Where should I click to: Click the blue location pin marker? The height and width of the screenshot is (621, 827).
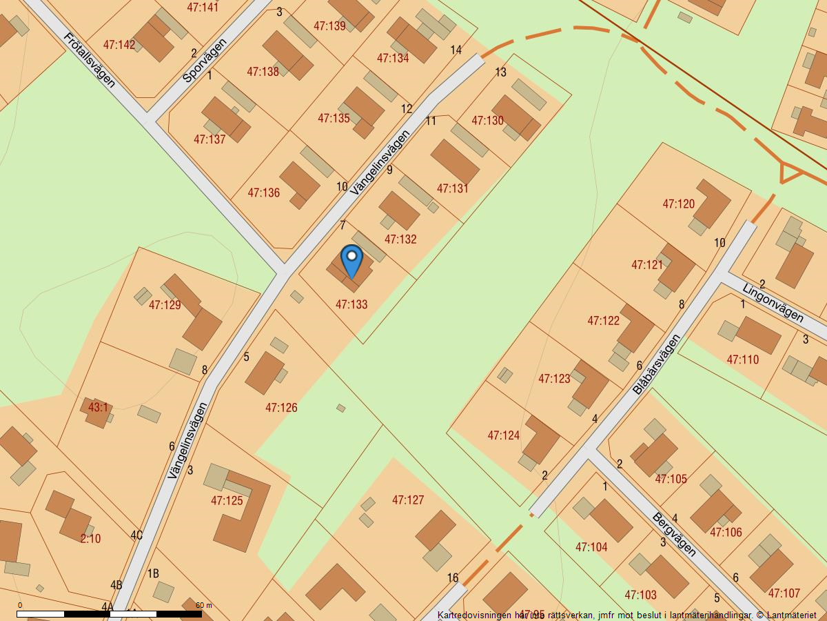pos(351,261)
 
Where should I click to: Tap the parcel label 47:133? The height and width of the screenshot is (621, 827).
pos(351,304)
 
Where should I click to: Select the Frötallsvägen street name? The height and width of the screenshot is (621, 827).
pos(90,59)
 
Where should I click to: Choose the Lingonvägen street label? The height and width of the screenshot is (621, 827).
pos(773,302)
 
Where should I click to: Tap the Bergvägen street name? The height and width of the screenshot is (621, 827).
pos(674,534)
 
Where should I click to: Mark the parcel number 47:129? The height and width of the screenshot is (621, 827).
pos(165,305)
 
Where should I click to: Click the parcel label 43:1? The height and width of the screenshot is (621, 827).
pos(98,407)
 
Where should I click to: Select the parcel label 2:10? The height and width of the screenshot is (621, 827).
pos(90,538)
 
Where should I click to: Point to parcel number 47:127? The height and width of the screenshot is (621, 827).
pos(408,500)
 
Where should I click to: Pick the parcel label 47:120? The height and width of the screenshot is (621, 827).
pos(679,204)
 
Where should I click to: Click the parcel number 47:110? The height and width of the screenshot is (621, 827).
pos(743,359)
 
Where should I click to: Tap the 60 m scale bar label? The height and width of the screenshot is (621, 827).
pos(203,605)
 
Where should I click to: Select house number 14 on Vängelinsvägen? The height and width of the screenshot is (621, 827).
pos(456,50)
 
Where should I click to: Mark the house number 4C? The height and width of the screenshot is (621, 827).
pos(136,535)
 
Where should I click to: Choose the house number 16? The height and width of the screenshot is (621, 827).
pos(453,578)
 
